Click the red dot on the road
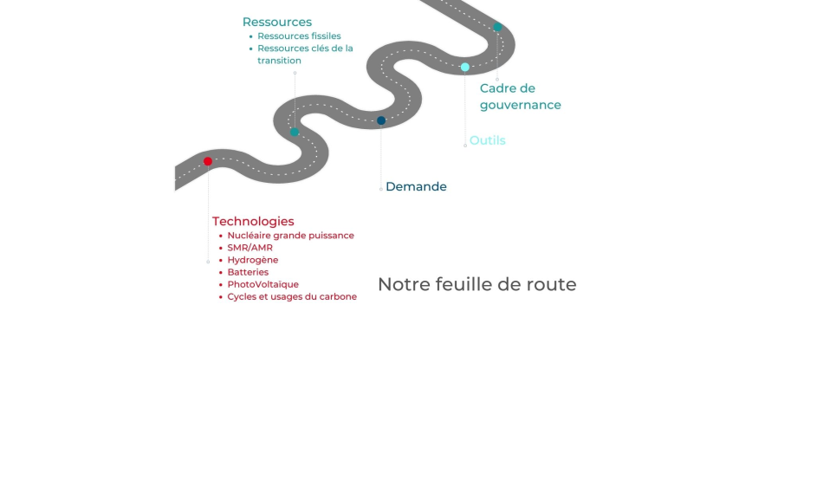(x=208, y=161)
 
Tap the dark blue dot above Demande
(x=381, y=120)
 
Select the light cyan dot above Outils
(x=465, y=67)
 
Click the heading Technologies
(x=253, y=221)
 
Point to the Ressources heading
(x=277, y=23)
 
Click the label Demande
(x=416, y=186)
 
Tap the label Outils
(x=487, y=140)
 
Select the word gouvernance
(x=520, y=105)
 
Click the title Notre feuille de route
(x=476, y=284)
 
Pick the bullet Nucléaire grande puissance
(x=290, y=236)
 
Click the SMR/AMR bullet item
(x=249, y=248)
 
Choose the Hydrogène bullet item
(x=252, y=260)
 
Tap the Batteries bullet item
(x=248, y=272)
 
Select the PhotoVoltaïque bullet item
(x=262, y=284)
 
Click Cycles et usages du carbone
(x=292, y=296)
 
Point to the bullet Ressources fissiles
(x=299, y=36)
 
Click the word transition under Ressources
(x=279, y=61)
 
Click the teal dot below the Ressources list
(x=295, y=132)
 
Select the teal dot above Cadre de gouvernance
(x=497, y=27)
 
